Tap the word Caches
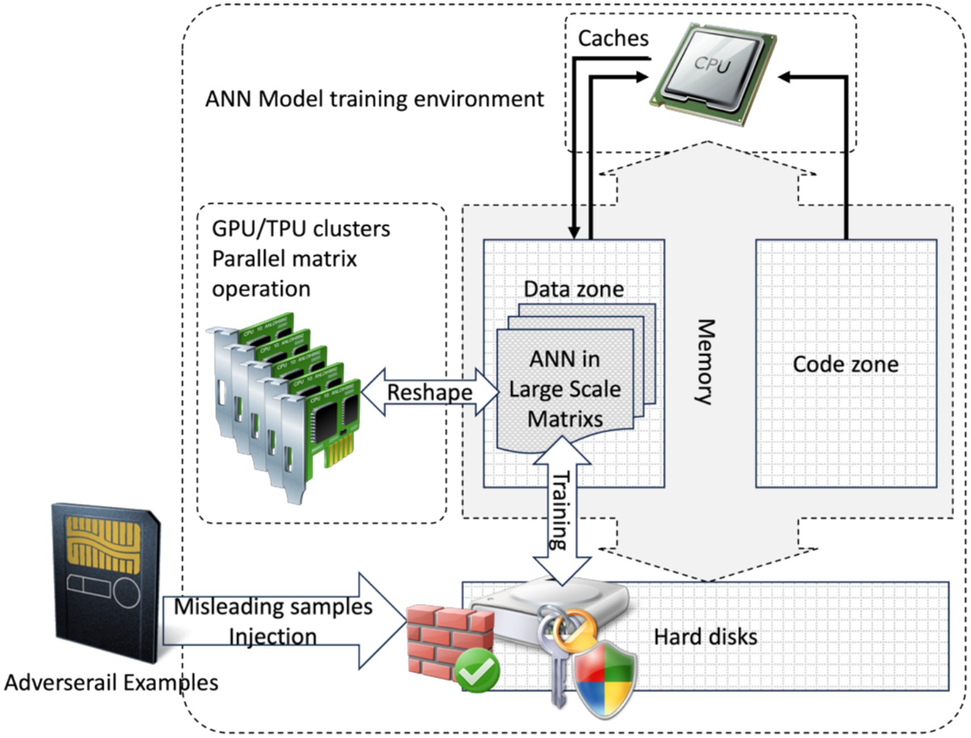613,39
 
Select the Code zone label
845,364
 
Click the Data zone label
574,289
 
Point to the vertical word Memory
705,362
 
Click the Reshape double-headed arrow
430,392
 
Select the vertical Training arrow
562,510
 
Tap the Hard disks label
705,637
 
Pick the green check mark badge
477,672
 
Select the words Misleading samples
273,607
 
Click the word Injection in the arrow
273,637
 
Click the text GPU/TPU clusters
301,229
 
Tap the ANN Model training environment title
374,99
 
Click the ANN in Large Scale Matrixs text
565,389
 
